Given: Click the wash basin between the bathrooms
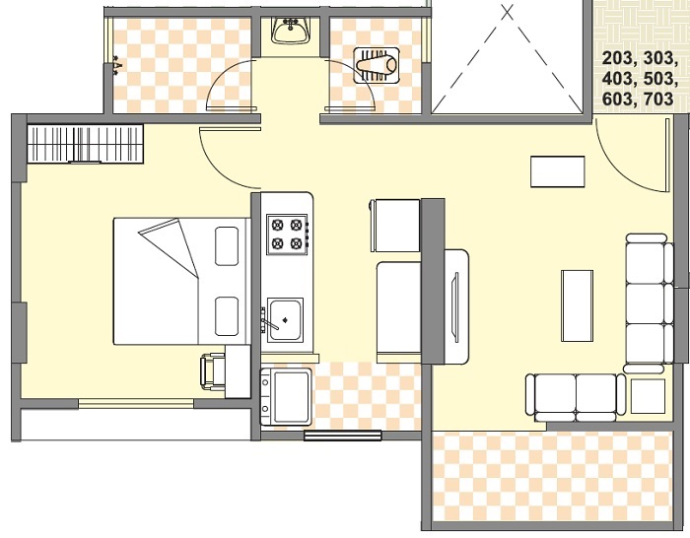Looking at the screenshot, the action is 289,30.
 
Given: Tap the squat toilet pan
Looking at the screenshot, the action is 377,66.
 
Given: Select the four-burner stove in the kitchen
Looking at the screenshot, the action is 288,235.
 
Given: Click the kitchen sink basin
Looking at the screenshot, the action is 286,319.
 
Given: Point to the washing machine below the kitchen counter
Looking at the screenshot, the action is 286,396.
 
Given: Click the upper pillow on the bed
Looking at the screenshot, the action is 227,246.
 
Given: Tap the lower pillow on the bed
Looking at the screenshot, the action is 227,316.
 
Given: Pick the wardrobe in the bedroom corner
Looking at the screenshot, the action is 86,144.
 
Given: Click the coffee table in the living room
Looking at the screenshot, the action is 577,305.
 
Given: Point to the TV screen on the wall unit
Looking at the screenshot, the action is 455,306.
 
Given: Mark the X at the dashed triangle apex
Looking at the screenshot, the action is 508,12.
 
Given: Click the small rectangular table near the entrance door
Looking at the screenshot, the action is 558,171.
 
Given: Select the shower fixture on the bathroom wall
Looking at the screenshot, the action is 116,66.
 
